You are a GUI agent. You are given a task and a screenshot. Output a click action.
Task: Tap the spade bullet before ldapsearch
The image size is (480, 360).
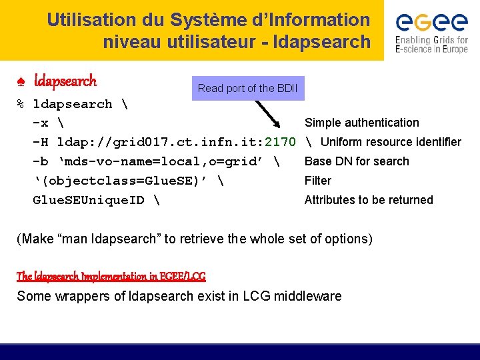tap(21, 82)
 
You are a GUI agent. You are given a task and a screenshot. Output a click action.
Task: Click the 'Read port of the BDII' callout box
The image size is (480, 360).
tap(247, 88)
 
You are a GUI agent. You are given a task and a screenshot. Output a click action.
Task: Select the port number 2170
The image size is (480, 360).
tap(280, 142)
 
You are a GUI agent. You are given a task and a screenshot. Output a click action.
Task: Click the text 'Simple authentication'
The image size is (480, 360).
tap(362, 123)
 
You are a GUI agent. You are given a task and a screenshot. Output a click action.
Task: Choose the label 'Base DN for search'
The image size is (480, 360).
tap(357, 161)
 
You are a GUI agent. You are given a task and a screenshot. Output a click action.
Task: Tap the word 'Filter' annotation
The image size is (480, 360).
tap(318, 181)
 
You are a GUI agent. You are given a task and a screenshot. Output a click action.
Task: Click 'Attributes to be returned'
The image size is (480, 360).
tap(369, 200)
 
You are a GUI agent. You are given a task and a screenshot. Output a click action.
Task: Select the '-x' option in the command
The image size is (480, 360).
tap(40, 123)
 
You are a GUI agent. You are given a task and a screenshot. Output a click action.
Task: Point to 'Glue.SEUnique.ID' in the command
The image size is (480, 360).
tap(89, 200)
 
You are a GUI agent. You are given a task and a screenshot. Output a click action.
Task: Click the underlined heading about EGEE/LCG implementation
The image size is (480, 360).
tap(111, 276)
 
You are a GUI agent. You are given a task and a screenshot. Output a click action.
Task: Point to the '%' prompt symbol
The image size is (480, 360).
tap(21, 104)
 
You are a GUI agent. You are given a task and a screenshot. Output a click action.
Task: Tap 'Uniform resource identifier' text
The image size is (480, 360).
tap(391, 142)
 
